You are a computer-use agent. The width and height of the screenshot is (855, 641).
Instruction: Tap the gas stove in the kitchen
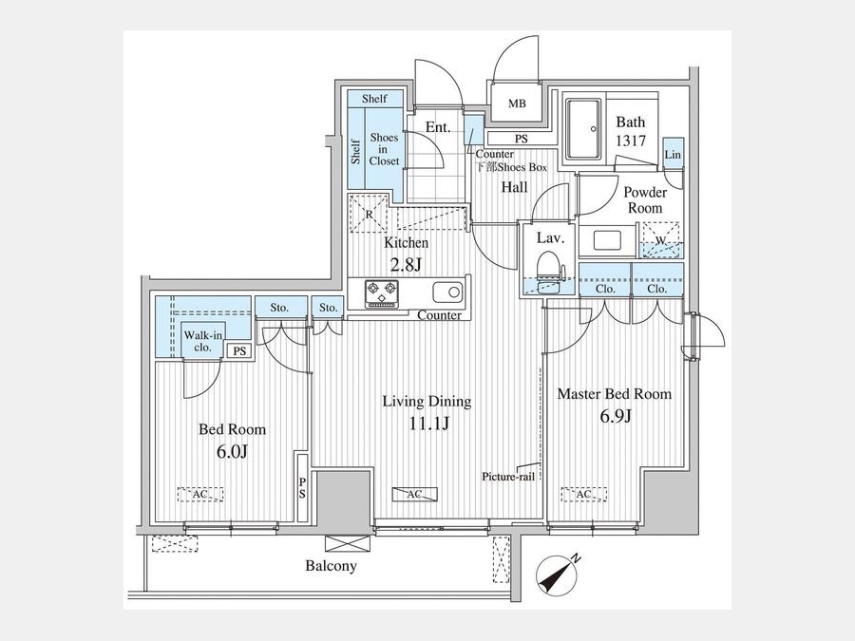pos(382,293)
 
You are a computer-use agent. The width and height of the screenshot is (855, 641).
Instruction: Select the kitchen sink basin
pos(447,292)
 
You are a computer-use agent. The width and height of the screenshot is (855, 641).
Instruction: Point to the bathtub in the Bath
pos(583,129)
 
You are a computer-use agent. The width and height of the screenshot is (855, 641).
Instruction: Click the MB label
pos(517,103)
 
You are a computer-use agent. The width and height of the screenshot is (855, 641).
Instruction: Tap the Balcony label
pos(331,566)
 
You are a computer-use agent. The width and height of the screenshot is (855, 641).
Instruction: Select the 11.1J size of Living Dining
pos(429,423)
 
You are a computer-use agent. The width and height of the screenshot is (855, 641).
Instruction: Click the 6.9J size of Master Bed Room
pos(616,417)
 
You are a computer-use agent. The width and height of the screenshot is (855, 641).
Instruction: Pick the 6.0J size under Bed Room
pos(233,451)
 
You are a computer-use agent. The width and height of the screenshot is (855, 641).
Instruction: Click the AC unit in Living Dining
pos(414,495)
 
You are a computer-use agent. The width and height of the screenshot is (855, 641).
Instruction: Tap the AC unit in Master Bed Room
pos(583,495)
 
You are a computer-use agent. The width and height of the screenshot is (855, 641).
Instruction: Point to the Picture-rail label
pos(508,477)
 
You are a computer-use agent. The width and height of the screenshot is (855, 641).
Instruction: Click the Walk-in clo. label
pos(203,341)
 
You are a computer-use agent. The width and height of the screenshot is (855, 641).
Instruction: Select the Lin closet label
pos(673,155)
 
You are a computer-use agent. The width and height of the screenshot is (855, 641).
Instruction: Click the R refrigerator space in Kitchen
pos(370,214)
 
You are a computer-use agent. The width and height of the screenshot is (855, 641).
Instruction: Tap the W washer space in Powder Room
pos(661,239)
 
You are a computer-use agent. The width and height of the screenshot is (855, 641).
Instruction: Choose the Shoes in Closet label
pos(384,149)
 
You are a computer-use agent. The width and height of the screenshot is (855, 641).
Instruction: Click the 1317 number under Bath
pos(631,141)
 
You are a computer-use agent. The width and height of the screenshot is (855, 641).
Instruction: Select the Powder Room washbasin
pos(607,241)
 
